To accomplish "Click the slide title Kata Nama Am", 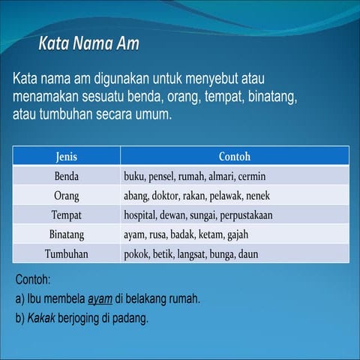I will (x=88, y=43).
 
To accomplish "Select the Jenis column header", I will (x=66, y=157).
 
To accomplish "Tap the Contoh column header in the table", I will (x=234, y=157).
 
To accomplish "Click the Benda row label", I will (x=66, y=177).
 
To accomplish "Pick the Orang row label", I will (x=66, y=196).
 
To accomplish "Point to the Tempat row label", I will (x=66, y=215).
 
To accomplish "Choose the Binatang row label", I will (x=66, y=235).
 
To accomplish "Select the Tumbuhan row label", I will (x=66, y=254).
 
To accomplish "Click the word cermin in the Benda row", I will (x=251, y=177).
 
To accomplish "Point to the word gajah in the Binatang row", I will (x=235, y=235).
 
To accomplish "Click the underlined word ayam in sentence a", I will (x=100, y=298).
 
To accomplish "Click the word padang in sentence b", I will (x=130, y=318).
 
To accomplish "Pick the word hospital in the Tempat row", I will (x=142, y=215).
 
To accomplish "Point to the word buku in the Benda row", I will (x=136, y=177).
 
